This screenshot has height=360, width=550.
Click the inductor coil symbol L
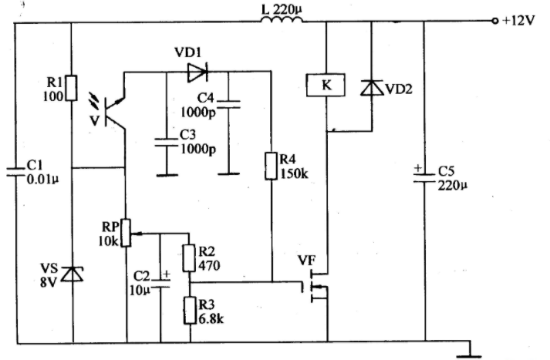coord(282,20)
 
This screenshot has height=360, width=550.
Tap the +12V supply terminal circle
coord(495,21)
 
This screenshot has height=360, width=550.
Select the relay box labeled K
coord(326,85)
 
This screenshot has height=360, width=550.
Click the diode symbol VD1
coord(197,72)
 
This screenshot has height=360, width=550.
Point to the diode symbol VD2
coord(372,88)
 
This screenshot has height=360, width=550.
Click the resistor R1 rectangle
coord(71,88)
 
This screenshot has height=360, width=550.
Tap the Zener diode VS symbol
coord(73,274)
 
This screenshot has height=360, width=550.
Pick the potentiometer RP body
coord(126,233)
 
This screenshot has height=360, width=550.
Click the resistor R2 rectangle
coord(189,258)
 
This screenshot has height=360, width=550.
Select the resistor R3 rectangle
coord(190,310)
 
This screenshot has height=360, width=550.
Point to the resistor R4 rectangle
coord(271,166)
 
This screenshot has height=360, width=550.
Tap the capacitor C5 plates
coord(424,178)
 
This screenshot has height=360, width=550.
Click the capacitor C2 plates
coord(160,284)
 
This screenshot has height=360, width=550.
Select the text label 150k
coord(294,174)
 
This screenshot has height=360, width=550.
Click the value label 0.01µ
coord(42,180)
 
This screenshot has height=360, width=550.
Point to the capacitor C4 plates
coord(228,104)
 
